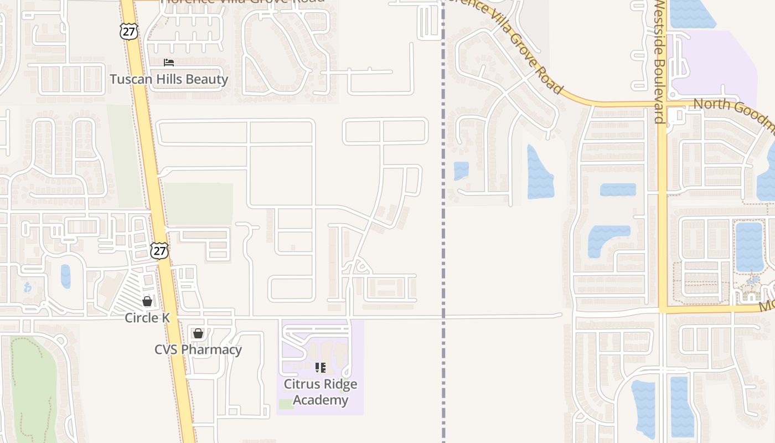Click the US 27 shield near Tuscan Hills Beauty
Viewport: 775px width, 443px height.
pyautogui.click(x=128, y=31)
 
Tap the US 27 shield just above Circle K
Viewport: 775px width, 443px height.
pyautogui.click(x=159, y=250)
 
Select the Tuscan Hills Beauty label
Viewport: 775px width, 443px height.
pyautogui.click(x=169, y=79)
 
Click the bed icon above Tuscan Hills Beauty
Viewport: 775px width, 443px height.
pyautogui.click(x=169, y=63)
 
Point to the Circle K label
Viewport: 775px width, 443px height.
pyautogui.click(x=147, y=318)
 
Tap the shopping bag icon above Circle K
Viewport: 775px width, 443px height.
pyautogui.click(x=147, y=301)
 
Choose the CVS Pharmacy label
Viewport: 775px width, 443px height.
pyautogui.click(x=198, y=349)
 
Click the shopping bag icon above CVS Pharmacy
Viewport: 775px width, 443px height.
pyautogui.click(x=198, y=333)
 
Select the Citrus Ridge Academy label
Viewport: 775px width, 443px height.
pyautogui.click(x=321, y=392)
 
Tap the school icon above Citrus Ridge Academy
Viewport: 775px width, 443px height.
pyautogui.click(x=321, y=367)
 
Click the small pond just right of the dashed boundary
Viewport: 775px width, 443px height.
pyautogui.click(x=461, y=171)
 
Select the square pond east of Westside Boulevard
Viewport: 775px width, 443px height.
pyautogui.click(x=748, y=246)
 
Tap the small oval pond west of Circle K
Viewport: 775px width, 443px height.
pyautogui.click(x=66, y=276)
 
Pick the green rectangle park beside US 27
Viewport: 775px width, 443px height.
pyautogui.click(x=198, y=204)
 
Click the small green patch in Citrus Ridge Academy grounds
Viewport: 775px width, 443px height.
pyautogui.click(x=286, y=404)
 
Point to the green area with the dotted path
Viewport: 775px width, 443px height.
pyautogui.click(x=33, y=388)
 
